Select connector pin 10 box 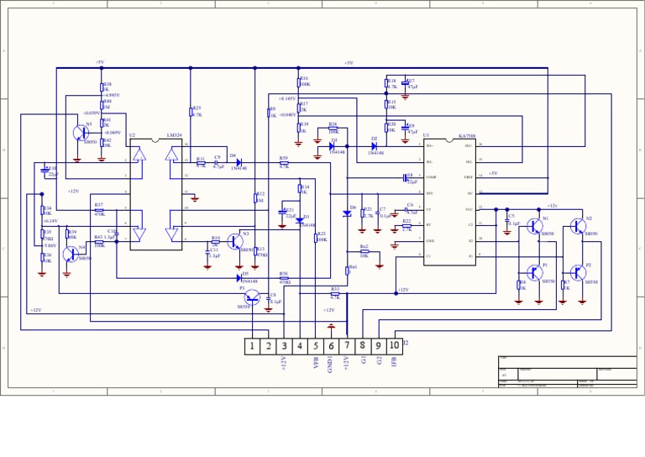pos(394,345)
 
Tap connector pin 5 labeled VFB pos(316,346)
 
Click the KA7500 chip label pos(467,135)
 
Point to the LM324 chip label pos(174,134)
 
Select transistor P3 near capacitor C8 pos(251,297)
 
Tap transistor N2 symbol pos(578,226)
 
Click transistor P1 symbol pos(535,272)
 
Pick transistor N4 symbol pos(70,253)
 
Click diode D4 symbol pos(239,162)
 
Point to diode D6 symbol pos(347,213)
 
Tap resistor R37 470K pos(99,210)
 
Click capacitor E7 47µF pos(406,84)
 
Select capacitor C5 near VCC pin pos(506,220)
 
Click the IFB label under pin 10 pos(394,362)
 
